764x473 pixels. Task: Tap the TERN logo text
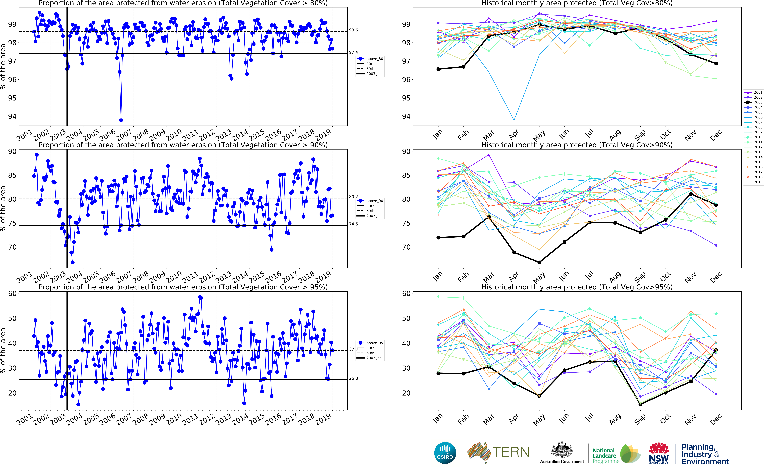click(x=511, y=452)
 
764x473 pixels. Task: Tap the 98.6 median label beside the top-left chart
click(x=353, y=30)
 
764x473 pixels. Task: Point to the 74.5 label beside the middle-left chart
click(x=353, y=224)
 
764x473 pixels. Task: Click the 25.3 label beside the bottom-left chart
click(x=353, y=378)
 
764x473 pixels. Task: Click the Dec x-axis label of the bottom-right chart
click(x=716, y=419)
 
